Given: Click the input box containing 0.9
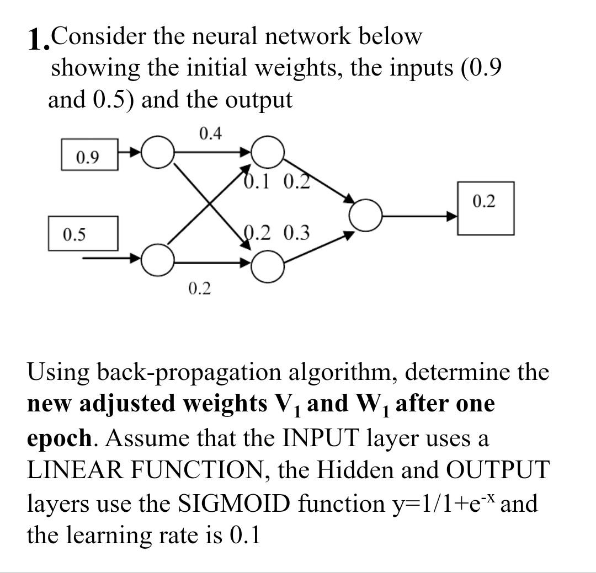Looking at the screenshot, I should click(88, 158).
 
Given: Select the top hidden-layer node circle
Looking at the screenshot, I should click(268, 151).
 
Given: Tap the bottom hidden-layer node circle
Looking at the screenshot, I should click(268, 266).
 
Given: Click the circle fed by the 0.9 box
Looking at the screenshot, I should click(157, 151).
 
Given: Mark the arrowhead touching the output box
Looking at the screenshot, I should click(453, 216).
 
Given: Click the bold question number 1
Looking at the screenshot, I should click(37, 40).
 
